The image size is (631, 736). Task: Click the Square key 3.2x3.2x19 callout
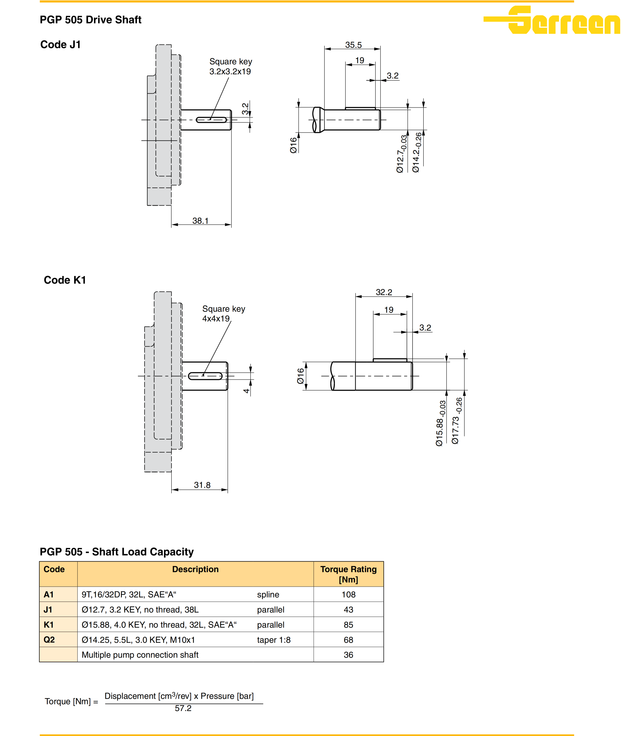pos(230,66)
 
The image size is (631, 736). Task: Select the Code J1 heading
pos(60,45)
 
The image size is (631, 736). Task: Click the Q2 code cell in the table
pos(49,640)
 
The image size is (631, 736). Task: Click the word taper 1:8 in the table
pos(274,640)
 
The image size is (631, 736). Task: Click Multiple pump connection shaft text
pos(140,655)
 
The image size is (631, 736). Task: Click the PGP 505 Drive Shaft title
pos(90,20)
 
